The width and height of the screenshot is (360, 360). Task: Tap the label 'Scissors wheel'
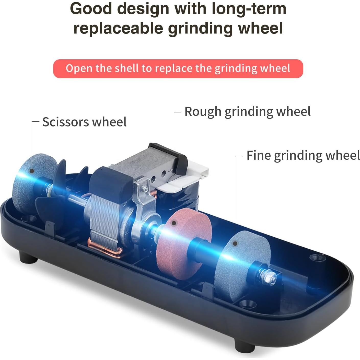pyautogui.click(x=84, y=122)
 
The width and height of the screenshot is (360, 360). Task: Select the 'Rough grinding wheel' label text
pyautogui.click(x=248, y=112)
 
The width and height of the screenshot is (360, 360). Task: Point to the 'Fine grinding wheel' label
pyautogui.click(x=303, y=155)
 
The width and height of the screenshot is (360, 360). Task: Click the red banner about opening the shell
pyautogui.click(x=178, y=68)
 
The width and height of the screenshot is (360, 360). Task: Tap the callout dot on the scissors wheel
pyautogui.click(x=32, y=171)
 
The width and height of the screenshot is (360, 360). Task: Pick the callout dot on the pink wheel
pyautogui.click(x=174, y=223)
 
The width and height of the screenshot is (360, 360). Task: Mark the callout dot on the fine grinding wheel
pyautogui.click(x=235, y=243)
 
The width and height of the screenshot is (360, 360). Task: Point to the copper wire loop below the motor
pyautogui.click(x=106, y=248)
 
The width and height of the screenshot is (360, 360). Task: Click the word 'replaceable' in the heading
pyautogui.click(x=119, y=28)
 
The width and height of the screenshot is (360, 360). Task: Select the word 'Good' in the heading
pyautogui.click(x=91, y=9)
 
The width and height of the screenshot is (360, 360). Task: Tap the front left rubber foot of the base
pyautogui.click(x=28, y=257)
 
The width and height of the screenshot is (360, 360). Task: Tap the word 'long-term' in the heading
pyautogui.click(x=249, y=9)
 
